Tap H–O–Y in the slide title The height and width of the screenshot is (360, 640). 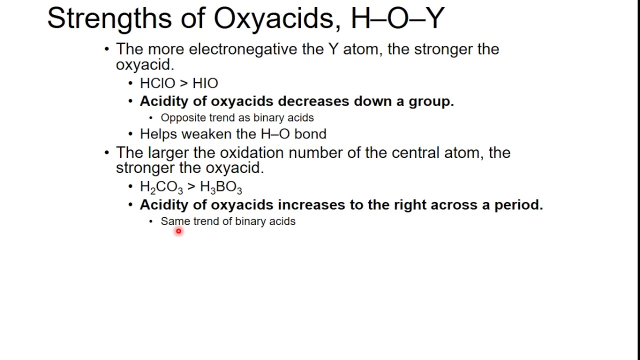click(397, 18)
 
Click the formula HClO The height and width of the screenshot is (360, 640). click(157, 83)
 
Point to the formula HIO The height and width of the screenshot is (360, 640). click(205, 83)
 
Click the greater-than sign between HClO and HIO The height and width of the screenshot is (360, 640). click(183, 83)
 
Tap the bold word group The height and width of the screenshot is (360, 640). click(431, 101)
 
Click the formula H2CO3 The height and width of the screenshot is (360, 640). click(161, 187)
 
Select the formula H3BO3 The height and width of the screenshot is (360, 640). click(220, 187)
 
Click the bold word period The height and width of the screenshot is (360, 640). click(518, 205)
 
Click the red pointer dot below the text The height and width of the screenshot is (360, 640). click(178, 231)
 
